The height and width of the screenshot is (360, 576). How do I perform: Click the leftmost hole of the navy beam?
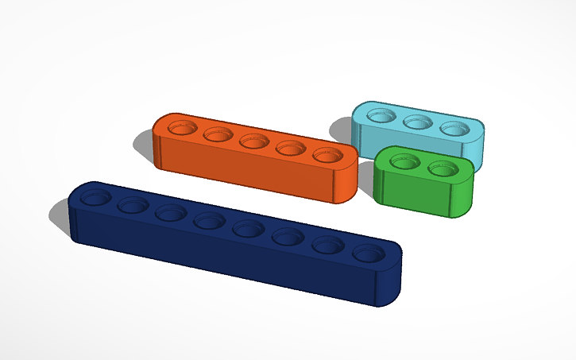pos(95,198)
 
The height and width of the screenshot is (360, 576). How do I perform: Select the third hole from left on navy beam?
pos(170,212)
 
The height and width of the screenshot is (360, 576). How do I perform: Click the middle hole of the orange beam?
pos(254,141)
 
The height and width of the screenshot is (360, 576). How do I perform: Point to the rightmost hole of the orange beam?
pos(327,155)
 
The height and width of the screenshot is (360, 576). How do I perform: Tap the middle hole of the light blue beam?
pos(417,122)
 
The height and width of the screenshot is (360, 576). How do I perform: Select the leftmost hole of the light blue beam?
pos(381,116)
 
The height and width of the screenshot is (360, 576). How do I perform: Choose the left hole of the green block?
pos(404,161)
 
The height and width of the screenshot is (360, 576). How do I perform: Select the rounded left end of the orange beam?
pos(157,147)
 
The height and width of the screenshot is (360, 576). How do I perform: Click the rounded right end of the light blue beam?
pos(479,143)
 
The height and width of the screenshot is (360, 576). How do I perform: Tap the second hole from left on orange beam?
pos(218,134)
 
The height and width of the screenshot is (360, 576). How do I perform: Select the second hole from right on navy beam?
pos(327,246)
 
